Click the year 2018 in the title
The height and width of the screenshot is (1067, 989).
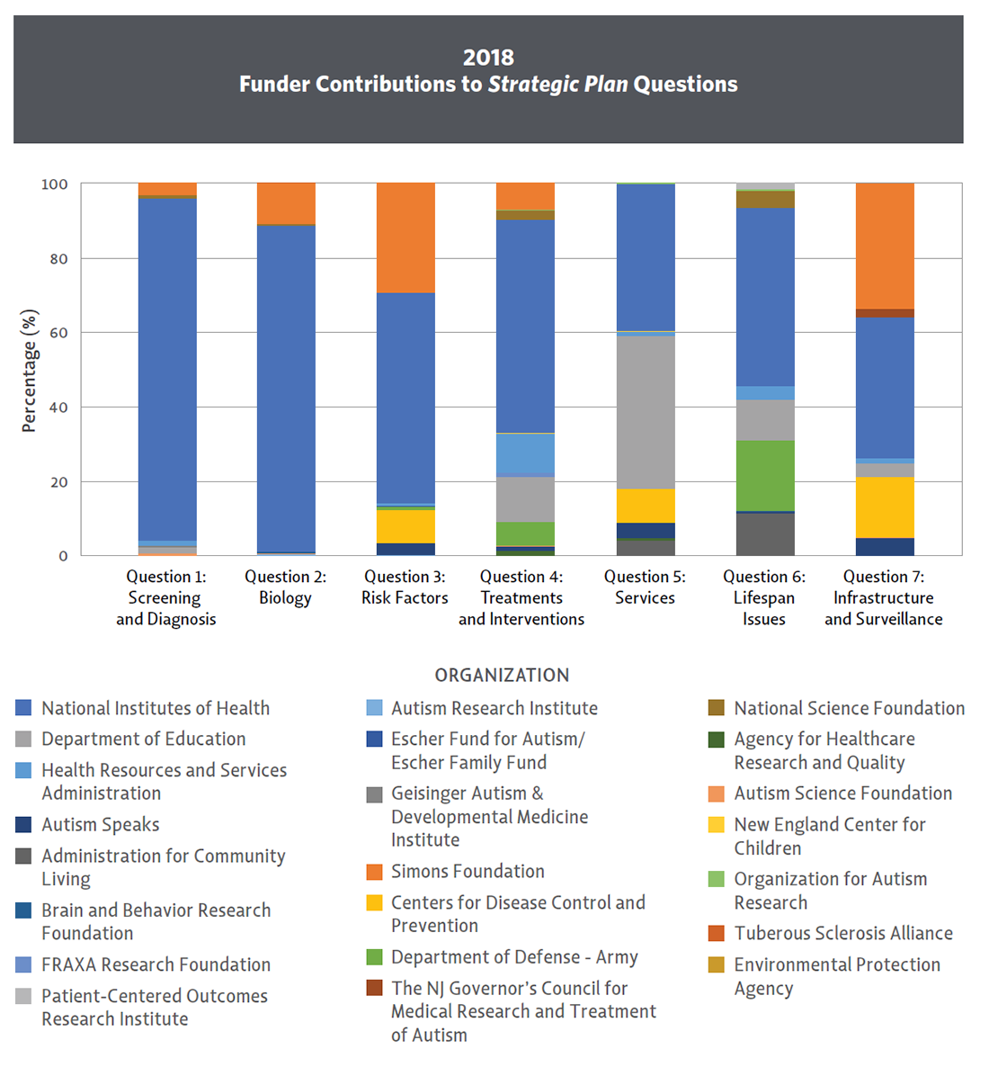point(488,58)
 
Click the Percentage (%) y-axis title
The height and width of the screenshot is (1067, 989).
point(30,371)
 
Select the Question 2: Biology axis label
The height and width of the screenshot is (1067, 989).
point(285,587)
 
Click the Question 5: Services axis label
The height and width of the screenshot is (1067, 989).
point(645,587)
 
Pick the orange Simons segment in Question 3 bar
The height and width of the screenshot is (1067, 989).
point(405,238)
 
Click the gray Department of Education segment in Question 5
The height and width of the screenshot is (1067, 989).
point(645,411)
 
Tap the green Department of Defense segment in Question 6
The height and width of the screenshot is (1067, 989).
point(764,475)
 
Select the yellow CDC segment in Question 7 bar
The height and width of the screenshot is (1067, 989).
point(884,507)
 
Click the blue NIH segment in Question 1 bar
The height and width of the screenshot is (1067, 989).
point(167,369)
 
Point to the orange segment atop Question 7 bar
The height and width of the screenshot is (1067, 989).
point(884,246)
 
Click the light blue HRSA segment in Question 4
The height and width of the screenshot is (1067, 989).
point(525,453)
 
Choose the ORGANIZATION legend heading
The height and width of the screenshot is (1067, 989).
point(502,675)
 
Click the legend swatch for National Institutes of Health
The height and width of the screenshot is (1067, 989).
point(24,709)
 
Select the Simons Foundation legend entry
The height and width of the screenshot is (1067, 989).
point(468,872)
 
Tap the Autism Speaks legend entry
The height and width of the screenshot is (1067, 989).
point(100,825)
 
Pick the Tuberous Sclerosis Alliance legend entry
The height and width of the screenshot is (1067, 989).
point(842,934)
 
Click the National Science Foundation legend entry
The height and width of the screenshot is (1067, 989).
point(849,709)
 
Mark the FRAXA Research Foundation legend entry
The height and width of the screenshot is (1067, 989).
point(156,965)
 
